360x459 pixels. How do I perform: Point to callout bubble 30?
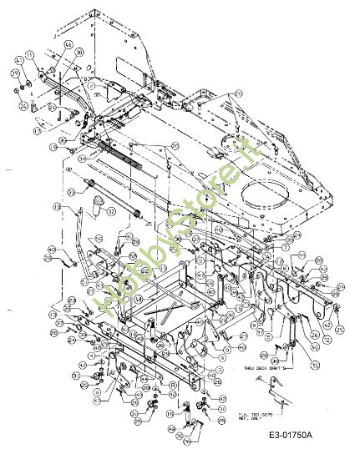pos(79,52)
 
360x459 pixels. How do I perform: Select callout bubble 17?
pos(37,131)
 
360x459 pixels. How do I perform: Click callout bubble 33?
pos(72,192)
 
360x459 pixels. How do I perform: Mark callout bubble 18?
pos(57,206)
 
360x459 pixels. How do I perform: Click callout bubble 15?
pos(292,365)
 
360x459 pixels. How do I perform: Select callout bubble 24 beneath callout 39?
pos(23,106)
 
